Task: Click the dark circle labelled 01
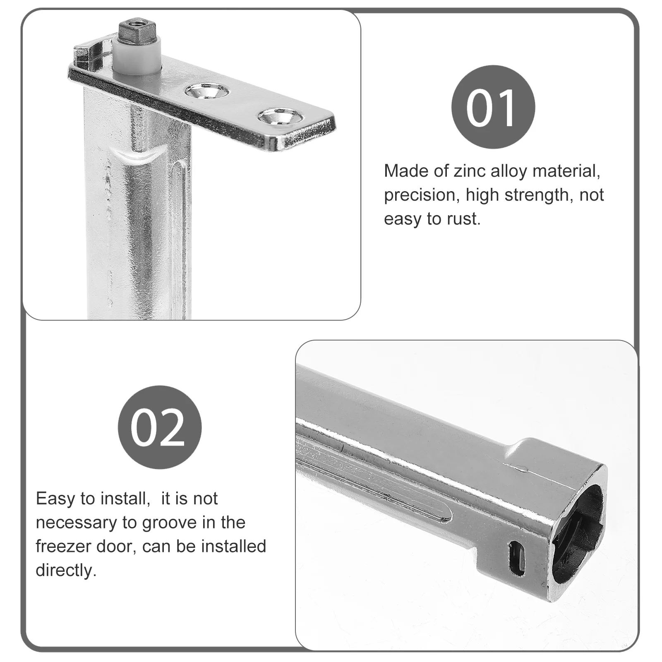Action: (493, 107)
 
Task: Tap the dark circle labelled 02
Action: (159, 427)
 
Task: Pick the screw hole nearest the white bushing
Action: (206, 91)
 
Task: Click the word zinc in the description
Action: (470, 171)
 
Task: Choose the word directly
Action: (66, 571)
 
